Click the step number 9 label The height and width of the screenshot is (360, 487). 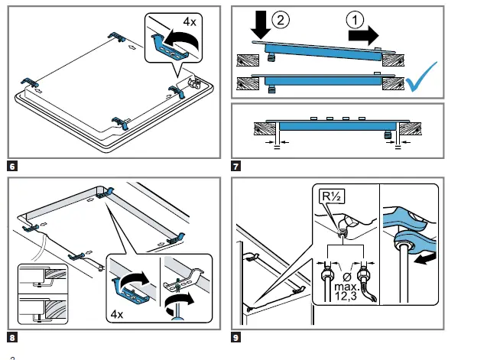click(x=235, y=335)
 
